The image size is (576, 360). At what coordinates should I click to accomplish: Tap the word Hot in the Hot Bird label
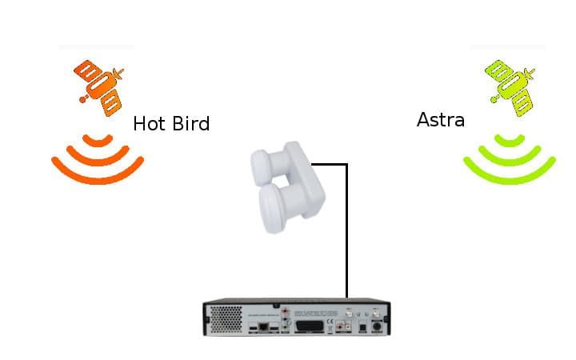click(148, 123)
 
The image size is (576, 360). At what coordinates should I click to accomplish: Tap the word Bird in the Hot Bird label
click(190, 123)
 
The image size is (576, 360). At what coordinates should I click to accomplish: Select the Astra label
click(441, 120)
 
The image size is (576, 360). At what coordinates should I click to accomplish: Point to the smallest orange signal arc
click(98, 142)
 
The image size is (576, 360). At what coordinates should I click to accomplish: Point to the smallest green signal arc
click(510, 142)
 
